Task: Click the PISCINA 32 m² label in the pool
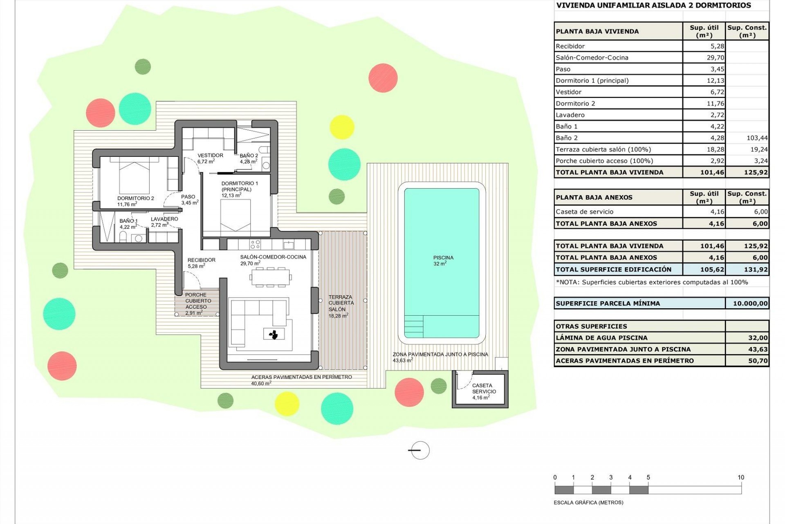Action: (x=443, y=260)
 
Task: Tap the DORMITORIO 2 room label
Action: (x=135, y=201)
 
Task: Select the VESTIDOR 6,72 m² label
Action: (x=210, y=158)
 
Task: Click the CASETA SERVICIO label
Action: (x=484, y=391)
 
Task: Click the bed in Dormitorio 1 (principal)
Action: (x=235, y=217)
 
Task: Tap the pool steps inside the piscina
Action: (x=414, y=326)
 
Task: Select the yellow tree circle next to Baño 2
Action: (x=341, y=127)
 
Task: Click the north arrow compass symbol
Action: (x=419, y=450)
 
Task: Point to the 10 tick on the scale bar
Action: (x=741, y=477)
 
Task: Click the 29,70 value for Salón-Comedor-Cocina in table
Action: (x=715, y=58)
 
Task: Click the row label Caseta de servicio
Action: (x=584, y=212)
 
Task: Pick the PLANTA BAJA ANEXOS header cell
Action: (x=594, y=197)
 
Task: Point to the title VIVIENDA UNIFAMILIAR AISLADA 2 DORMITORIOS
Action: (x=653, y=5)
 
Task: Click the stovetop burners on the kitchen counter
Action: (x=255, y=244)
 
